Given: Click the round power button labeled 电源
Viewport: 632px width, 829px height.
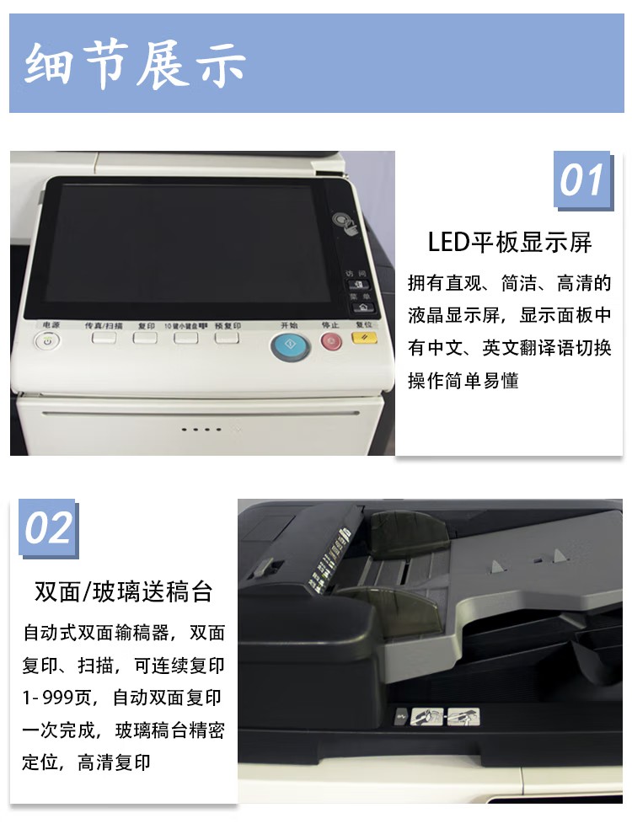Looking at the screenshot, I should tap(47, 341).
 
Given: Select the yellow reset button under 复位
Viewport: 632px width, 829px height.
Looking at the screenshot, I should tap(364, 340).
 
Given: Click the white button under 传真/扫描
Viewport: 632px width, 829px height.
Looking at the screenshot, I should tap(104, 339).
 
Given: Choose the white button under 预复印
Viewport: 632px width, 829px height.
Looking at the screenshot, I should tap(227, 339).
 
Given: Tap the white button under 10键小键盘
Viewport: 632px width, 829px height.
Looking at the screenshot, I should tap(185, 339).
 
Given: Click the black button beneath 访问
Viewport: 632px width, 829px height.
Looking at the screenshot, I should tap(356, 286).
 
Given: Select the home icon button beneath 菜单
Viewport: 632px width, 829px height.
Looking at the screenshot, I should tap(356, 308).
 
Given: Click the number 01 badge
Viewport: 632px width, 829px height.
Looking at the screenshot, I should tap(581, 181).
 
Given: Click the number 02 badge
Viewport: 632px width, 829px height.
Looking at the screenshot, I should tap(48, 529).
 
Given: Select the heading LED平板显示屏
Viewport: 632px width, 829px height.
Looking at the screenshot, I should tap(510, 243).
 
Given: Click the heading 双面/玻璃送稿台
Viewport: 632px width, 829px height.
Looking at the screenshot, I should tap(123, 591).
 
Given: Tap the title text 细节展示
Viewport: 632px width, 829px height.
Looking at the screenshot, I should tap(135, 64).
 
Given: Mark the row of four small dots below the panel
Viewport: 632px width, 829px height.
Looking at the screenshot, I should tap(201, 429).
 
